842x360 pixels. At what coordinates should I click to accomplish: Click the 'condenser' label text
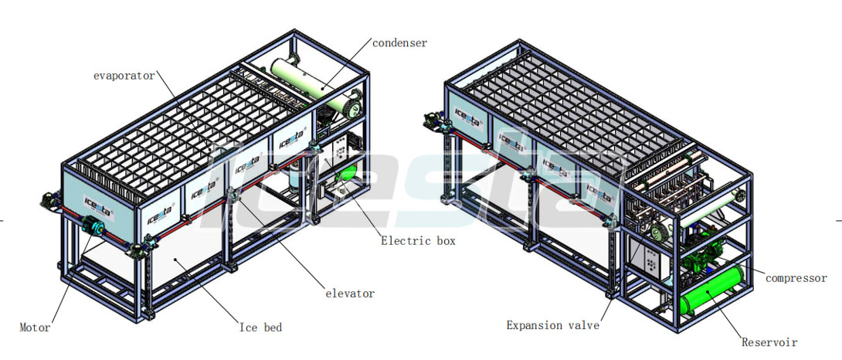(x=399, y=43)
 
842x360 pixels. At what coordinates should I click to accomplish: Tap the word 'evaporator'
(x=124, y=76)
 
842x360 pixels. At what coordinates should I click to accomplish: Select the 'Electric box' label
(x=419, y=241)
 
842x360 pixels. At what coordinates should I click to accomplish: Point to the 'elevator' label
(x=350, y=294)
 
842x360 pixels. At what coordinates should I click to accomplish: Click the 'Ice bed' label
(x=260, y=328)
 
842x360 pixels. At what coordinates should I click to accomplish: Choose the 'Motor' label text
(x=35, y=328)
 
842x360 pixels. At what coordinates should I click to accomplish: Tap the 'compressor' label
(x=796, y=278)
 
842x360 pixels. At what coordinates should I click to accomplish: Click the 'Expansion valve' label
(x=553, y=325)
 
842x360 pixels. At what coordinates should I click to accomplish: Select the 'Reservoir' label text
(x=769, y=342)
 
